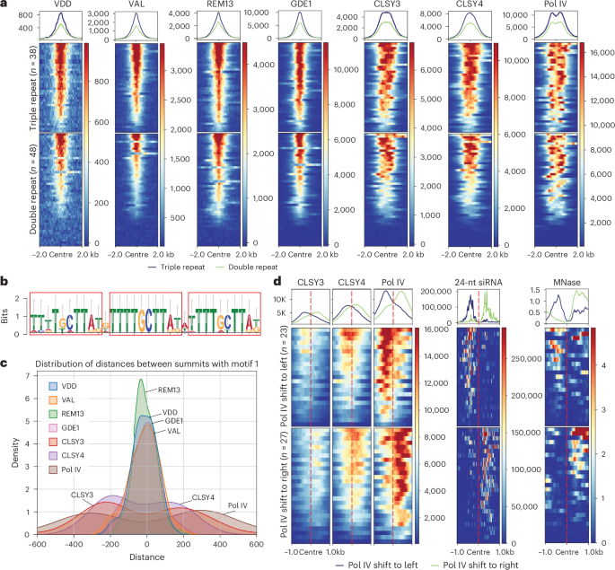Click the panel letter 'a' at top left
pyautogui.click(x=6, y=6)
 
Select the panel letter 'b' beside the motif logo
pyautogui.click(x=6, y=281)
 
